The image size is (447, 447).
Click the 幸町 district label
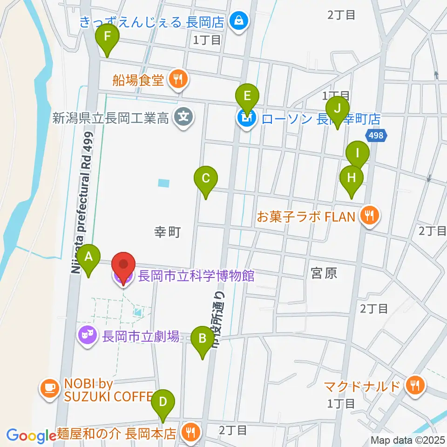167,232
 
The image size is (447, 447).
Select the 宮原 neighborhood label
324,273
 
